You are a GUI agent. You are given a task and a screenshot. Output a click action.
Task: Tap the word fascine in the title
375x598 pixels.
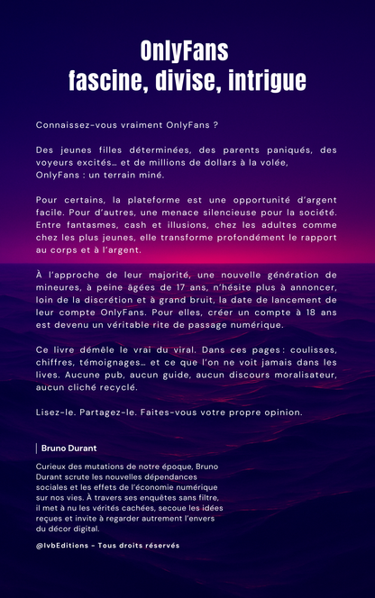point(105,80)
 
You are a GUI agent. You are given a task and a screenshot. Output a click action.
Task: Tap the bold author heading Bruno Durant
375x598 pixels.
point(69,448)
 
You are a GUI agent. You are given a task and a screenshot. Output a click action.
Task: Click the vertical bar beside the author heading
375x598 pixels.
point(38,448)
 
